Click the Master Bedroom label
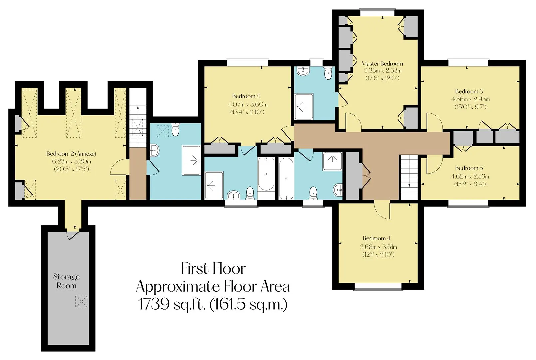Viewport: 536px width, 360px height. [x=382, y=64]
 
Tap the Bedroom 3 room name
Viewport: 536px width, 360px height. [x=469, y=91]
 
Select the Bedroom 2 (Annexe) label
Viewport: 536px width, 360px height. [x=71, y=154]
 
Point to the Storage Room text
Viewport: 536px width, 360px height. [x=66, y=281]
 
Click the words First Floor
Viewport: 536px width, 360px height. [x=213, y=269]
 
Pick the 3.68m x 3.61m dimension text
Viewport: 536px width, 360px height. [x=378, y=247]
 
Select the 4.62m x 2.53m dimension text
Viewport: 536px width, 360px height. [x=470, y=176]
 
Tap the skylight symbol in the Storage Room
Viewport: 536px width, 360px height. [x=81, y=301]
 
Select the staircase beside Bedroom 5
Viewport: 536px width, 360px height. [x=409, y=177]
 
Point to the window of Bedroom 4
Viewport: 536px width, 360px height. [x=378, y=287]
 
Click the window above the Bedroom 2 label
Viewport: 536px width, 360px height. [x=248, y=63]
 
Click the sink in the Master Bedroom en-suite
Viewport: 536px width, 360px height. [x=303, y=71]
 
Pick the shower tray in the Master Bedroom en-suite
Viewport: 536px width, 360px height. [x=304, y=107]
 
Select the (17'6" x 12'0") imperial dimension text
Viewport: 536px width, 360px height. [x=382, y=78]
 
